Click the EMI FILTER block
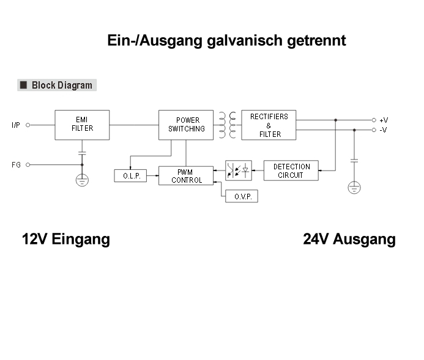[x=82, y=125]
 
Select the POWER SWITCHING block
[x=186, y=125]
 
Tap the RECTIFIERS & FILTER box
[x=269, y=125]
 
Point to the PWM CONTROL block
[x=186, y=175]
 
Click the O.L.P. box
[x=130, y=176]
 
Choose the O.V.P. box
[x=242, y=196]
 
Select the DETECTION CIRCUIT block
[x=291, y=171]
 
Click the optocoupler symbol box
[x=238, y=171]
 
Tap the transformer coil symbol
[x=227, y=125]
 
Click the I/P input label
[x=15, y=125]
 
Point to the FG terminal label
[x=16, y=164]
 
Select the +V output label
[x=384, y=120]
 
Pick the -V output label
[x=384, y=130]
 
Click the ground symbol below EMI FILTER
[x=82, y=180]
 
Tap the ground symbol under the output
[x=354, y=187]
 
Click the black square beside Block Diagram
[x=23, y=85]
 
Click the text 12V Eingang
[x=66, y=239]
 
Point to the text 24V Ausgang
[x=349, y=239]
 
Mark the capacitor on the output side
[x=354, y=160]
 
